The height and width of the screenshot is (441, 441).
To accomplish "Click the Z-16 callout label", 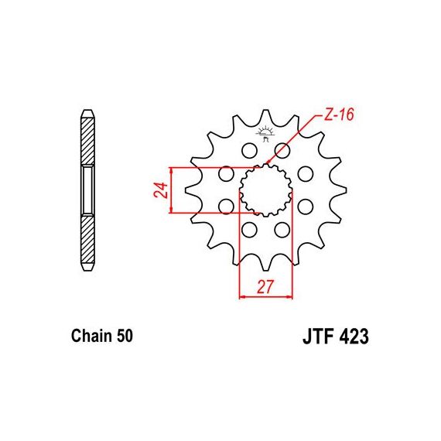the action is point(338,115).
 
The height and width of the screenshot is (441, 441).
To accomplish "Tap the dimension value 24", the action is point(161,190).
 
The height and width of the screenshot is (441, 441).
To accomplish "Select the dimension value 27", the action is point(265,287).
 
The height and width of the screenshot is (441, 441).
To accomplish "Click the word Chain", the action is point(90,336).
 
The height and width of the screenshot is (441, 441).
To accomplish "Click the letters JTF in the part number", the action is point(319,337).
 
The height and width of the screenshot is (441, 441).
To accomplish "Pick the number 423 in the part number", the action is point(354,337).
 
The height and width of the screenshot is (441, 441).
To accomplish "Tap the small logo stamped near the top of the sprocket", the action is point(265,134).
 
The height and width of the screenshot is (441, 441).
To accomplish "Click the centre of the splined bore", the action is point(266,190).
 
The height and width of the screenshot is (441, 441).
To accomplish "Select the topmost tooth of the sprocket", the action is point(265,117).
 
